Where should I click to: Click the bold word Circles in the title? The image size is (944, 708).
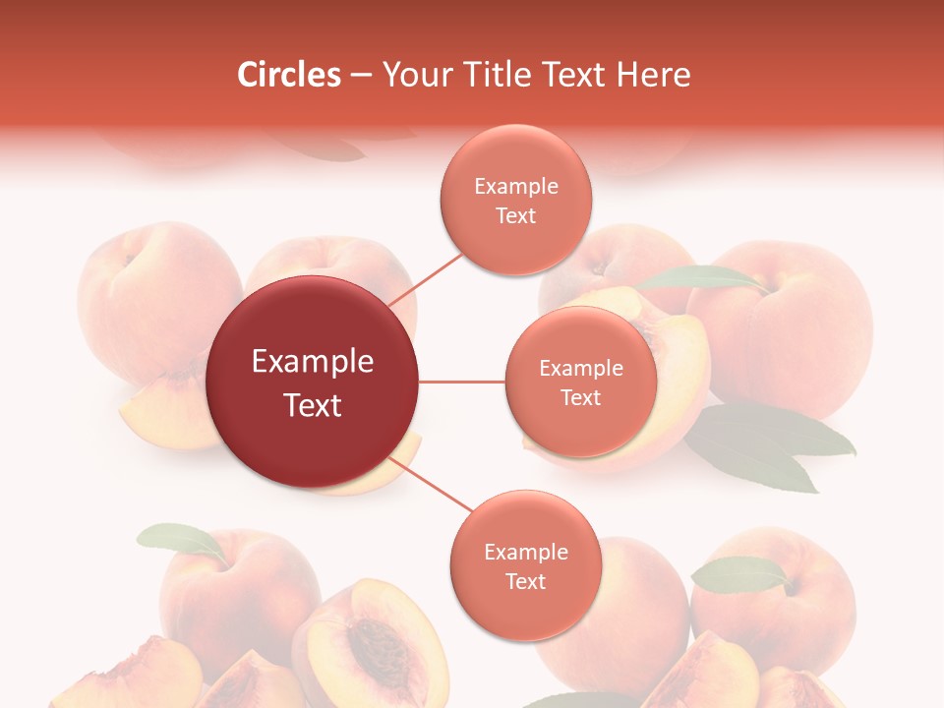tap(288, 75)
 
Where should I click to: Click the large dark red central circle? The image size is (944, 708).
tap(313, 383)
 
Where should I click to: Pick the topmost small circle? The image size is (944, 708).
tap(516, 200)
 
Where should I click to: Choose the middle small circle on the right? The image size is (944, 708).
tap(581, 383)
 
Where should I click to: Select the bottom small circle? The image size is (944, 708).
tap(525, 566)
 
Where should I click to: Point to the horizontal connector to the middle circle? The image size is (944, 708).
tap(462, 382)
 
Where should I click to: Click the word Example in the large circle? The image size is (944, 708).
tap(313, 362)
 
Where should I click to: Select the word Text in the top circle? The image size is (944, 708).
tap(516, 215)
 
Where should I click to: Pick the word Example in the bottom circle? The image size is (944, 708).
tap(525, 552)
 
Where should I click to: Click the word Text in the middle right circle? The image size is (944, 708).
tap(581, 397)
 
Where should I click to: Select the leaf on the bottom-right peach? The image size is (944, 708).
tap(740, 574)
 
